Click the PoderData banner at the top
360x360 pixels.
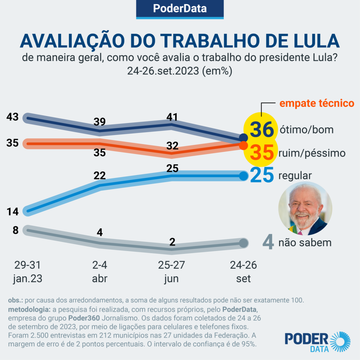click(180, 8)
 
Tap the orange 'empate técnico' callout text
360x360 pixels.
click(316, 103)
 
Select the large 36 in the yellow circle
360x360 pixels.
click(262, 129)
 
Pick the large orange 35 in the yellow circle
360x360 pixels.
click(262, 153)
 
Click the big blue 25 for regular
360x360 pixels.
click(262, 176)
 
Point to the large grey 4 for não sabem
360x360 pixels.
click(268, 243)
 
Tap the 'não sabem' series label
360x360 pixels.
click(305, 243)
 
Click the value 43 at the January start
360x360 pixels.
click(13, 117)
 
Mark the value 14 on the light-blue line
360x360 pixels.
click(13, 212)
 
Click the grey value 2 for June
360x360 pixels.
click(172, 242)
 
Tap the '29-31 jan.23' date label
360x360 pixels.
click(28, 272)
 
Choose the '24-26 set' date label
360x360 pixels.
click(243, 272)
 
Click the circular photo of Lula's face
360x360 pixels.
click(305, 209)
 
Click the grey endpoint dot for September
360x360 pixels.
click(243, 243)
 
